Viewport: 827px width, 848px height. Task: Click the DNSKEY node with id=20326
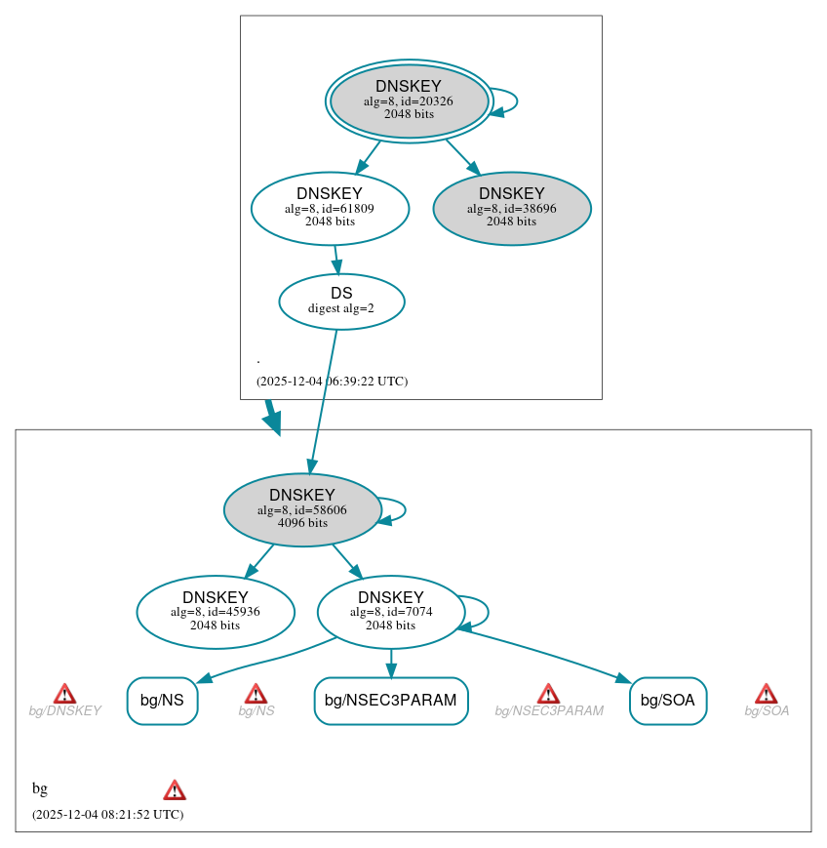(x=410, y=101)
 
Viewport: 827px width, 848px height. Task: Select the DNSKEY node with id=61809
(x=330, y=207)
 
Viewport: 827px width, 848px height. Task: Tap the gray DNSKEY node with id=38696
(x=512, y=207)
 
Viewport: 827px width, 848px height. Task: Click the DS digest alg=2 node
(x=341, y=301)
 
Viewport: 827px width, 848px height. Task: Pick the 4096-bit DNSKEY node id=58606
(x=302, y=509)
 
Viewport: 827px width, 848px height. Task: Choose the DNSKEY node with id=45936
(x=216, y=612)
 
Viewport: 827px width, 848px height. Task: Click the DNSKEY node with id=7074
(x=390, y=612)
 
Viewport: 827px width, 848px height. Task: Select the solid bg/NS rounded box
(x=162, y=700)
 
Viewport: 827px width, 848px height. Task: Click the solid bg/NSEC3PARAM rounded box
(x=391, y=700)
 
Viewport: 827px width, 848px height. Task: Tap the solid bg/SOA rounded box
(x=668, y=700)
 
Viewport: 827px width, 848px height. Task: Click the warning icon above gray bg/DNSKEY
(x=64, y=694)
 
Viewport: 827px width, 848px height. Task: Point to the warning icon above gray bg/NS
(x=256, y=694)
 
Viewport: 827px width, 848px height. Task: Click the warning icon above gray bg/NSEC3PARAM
(x=548, y=694)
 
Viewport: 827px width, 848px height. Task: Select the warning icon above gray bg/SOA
(x=766, y=694)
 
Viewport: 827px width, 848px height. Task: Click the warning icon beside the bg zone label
(x=175, y=789)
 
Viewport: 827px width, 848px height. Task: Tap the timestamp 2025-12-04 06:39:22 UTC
(x=332, y=382)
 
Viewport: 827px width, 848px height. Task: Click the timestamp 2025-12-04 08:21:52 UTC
(x=107, y=814)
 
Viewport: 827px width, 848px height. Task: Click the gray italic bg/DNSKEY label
(x=64, y=711)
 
